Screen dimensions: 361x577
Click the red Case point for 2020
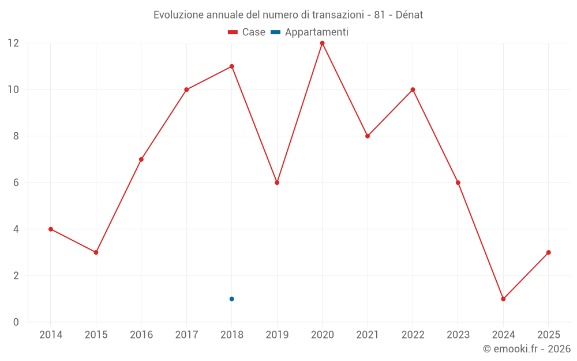pyautogui.click(x=322, y=43)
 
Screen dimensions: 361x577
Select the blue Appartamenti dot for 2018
pyautogui.click(x=231, y=299)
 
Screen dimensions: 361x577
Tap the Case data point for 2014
pyautogui.click(x=51, y=229)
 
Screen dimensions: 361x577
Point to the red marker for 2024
pyautogui.click(x=503, y=299)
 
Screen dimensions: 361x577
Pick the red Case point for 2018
pyautogui.click(x=231, y=66)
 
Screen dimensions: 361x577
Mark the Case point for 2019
pyautogui.click(x=277, y=183)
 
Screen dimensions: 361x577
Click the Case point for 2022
pyautogui.click(x=413, y=90)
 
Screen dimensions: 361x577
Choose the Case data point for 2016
pyautogui.click(x=141, y=159)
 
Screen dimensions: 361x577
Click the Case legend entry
pyautogui.click(x=247, y=32)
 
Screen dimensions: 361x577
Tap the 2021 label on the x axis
pyautogui.click(x=368, y=334)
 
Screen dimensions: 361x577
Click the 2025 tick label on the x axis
pyautogui.click(x=548, y=334)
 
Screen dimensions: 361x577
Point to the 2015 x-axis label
pyautogui.click(x=96, y=334)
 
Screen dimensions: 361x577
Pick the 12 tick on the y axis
pyautogui.click(x=13, y=43)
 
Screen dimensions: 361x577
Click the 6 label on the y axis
pyautogui.click(x=16, y=183)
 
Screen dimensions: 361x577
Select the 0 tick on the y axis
pyautogui.click(x=16, y=322)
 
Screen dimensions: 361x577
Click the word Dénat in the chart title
pyautogui.click(x=409, y=15)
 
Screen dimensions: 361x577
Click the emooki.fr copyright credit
pyautogui.click(x=527, y=349)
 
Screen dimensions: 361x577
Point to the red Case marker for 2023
pyautogui.click(x=458, y=183)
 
